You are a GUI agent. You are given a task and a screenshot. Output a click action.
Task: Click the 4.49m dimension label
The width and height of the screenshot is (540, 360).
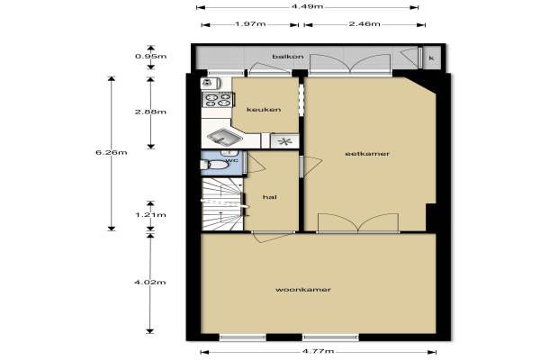pyautogui.click(x=307, y=6)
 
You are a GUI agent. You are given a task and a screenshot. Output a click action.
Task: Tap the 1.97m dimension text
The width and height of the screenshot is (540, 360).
pyautogui.click(x=250, y=24)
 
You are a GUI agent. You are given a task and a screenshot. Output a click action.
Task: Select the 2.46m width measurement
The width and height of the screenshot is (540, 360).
pyautogui.click(x=364, y=23)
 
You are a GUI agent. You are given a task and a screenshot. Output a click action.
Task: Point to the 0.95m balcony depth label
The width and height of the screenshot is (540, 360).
pyautogui.click(x=151, y=56)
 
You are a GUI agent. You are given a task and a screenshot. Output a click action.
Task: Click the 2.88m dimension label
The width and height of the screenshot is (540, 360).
pyautogui.click(x=150, y=112)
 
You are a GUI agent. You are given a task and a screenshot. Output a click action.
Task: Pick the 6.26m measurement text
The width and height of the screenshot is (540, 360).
pyautogui.click(x=112, y=152)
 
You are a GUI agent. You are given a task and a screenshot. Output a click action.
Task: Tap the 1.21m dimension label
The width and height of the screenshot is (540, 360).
pyautogui.click(x=150, y=215)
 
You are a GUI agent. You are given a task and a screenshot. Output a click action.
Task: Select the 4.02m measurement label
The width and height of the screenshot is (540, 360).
pyautogui.click(x=149, y=283)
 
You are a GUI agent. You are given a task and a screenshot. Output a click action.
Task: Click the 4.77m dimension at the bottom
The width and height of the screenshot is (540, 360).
pyautogui.click(x=319, y=351)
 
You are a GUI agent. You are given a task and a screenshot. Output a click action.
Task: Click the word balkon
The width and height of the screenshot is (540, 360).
pyautogui.click(x=288, y=57)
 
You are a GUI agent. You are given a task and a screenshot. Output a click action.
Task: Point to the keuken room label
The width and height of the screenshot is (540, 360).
pyautogui.click(x=264, y=110)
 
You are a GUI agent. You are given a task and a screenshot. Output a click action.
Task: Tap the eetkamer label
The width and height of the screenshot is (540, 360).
pyautogui.click(x=367, y=154)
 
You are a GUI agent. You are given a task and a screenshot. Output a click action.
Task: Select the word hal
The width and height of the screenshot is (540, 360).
pyautogui.click(x=270, y=197)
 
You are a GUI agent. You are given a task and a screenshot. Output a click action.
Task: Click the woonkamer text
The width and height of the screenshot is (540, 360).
pyautogui.click(x=303, y=290)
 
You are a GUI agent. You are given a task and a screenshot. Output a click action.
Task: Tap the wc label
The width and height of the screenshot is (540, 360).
pyautogui.click(x=232, y=160)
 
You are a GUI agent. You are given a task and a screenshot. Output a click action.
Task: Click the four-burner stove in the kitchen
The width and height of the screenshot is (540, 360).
pyautogui.click(x=218, y=100)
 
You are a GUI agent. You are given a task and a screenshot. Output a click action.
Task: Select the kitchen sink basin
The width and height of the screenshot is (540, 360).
pyautogui.click(x=225, y=137)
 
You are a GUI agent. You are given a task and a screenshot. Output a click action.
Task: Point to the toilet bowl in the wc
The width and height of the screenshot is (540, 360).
pyautogui.click(x=215, y=165)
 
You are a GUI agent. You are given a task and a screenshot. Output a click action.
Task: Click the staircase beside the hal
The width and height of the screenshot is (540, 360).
pyautogui.click(x=222, y=203)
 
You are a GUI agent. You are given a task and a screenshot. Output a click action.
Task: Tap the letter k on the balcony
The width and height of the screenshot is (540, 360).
pyautogui.click(x=431, y=58)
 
